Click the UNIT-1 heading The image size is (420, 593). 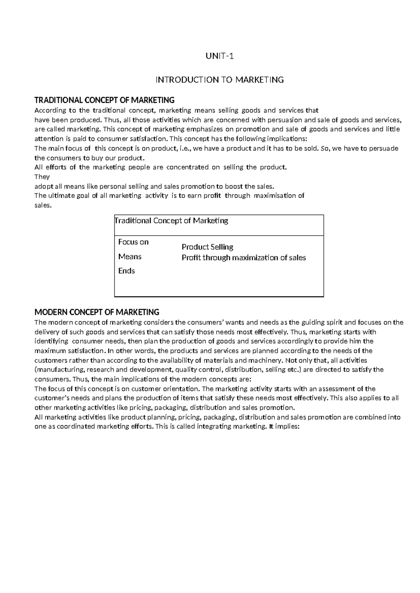pos(219,56)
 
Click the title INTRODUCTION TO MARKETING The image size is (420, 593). pos(219,80)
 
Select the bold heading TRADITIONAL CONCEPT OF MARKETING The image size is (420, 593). pos(104,100)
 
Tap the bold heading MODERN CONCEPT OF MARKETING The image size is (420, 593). pos(97,312)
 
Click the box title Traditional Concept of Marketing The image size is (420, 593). pos(171,221)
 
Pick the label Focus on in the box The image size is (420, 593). pos(133,242)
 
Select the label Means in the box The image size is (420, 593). pos(130,257)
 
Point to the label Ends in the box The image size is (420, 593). pos(126,271)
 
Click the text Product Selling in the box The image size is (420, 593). pos(207,247)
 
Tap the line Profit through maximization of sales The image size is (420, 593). pos(244,258)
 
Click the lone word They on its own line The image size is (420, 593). pos(42,177)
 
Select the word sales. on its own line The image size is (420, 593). pos(43,205)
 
